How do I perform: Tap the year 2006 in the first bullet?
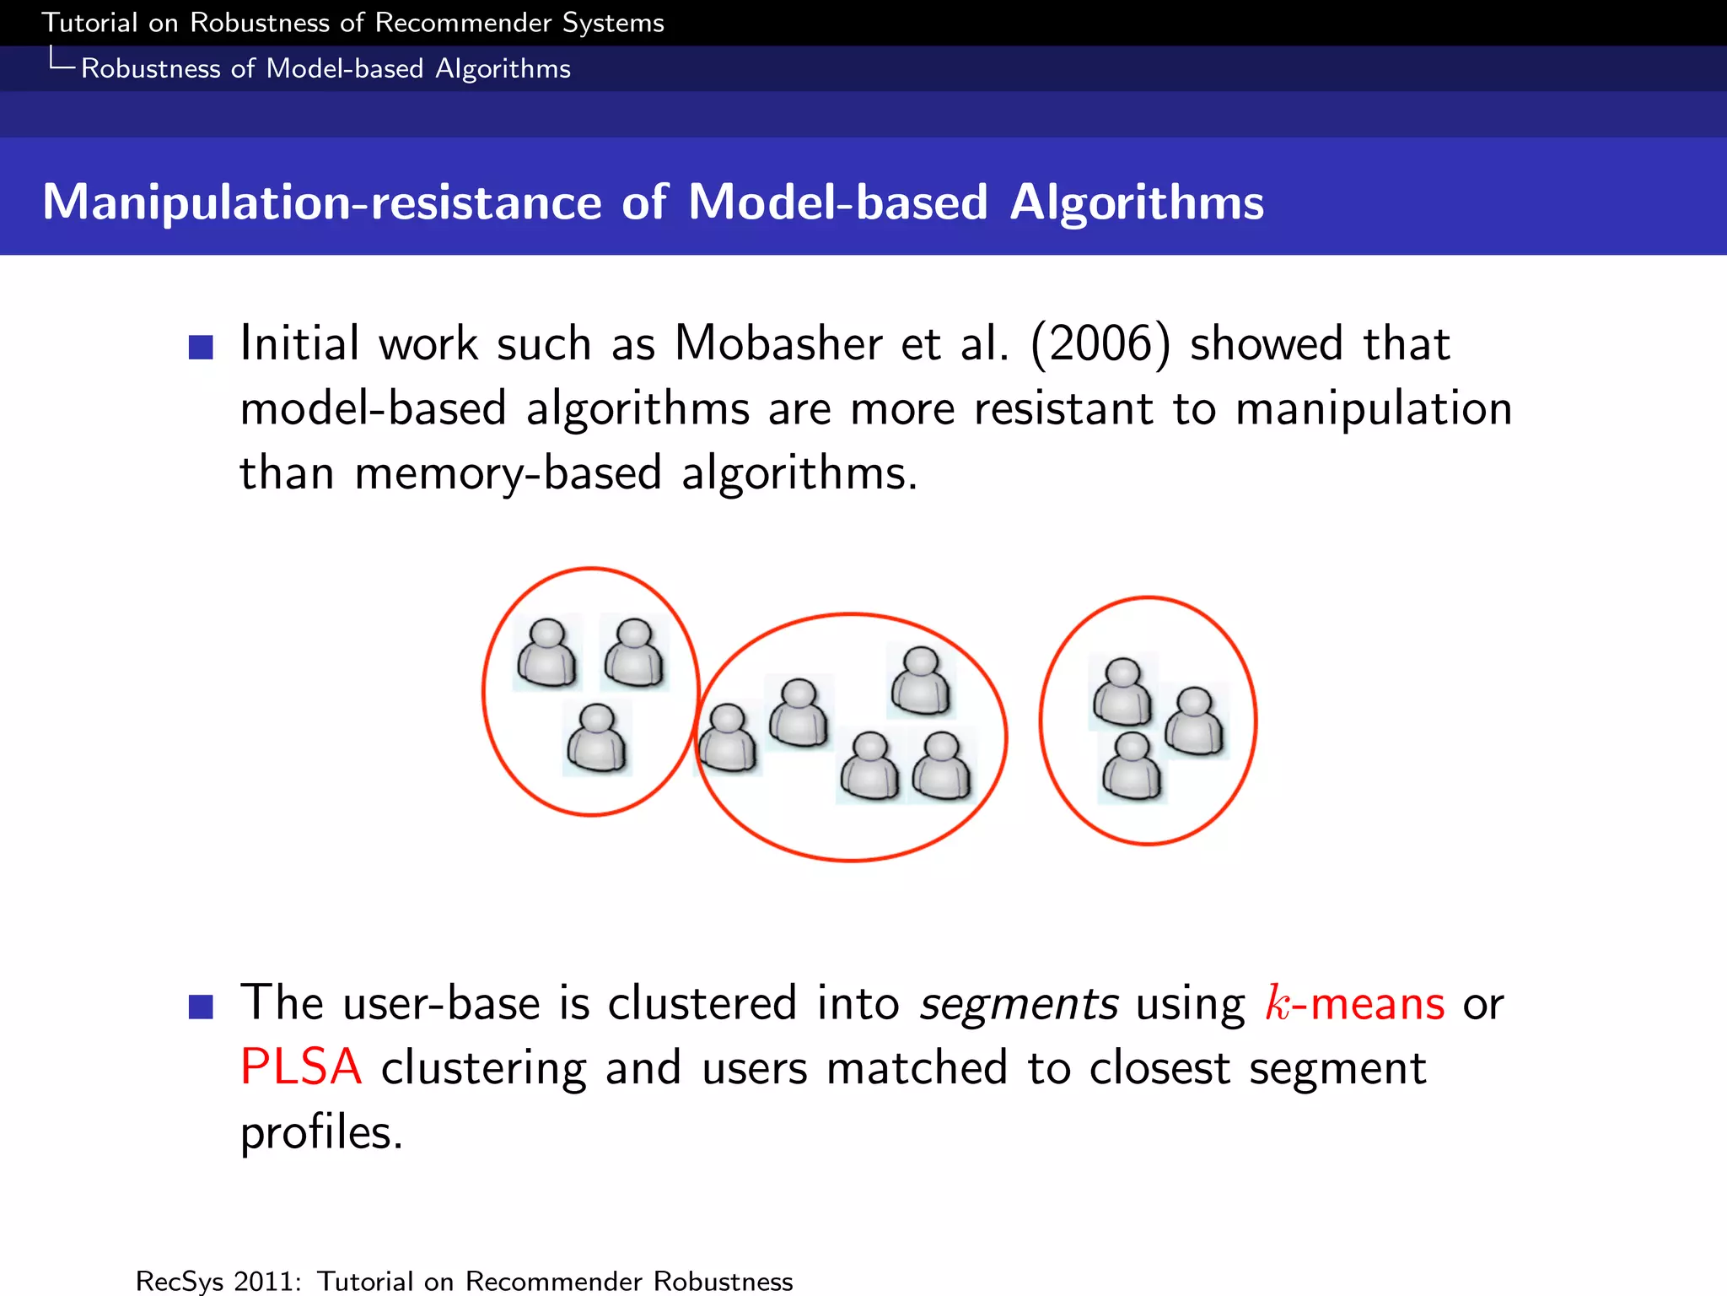[1100, 344]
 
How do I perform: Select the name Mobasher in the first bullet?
[777, 344]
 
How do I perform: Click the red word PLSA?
[301, 1067]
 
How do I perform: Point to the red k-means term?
[1355, 1004]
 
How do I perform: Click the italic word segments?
[1019, 1004]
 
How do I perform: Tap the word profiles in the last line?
[321, 1133]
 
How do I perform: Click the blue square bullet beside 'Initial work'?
[201, 347]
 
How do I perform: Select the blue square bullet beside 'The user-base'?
[201, 1006]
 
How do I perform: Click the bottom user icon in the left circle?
[597, 739]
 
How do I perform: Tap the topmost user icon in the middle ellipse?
[921, 681]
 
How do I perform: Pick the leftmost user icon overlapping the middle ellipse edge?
[728, 739]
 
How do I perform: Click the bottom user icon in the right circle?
[1132, 766]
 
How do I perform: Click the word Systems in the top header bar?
[613, 23]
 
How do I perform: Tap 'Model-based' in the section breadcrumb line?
[344, 68]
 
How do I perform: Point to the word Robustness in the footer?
[723, 1281]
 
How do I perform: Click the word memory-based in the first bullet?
[508, 473]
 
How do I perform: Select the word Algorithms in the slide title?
[1137, 202]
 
